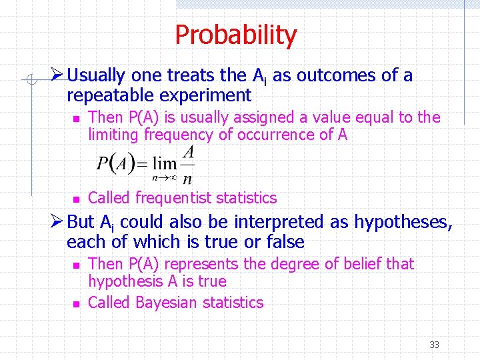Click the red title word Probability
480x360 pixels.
pyautogui.click(x=235, y=35)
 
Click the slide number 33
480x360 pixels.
pyautogui.click(x=434, y=345)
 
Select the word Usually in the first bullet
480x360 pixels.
pyautogui.click(x=98, y=75)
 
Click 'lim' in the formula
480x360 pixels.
pyautogui.click(x=164, y=163)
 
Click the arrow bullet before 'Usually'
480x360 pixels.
pyautogui.click(x=57, y=75)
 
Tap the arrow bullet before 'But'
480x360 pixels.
pyautogui.click(x=57, y=222)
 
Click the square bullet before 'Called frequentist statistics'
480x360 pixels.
pyautogui.click(x=76, y=199)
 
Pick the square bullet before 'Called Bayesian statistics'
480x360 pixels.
pyautogui.click(x=76, y=303)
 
